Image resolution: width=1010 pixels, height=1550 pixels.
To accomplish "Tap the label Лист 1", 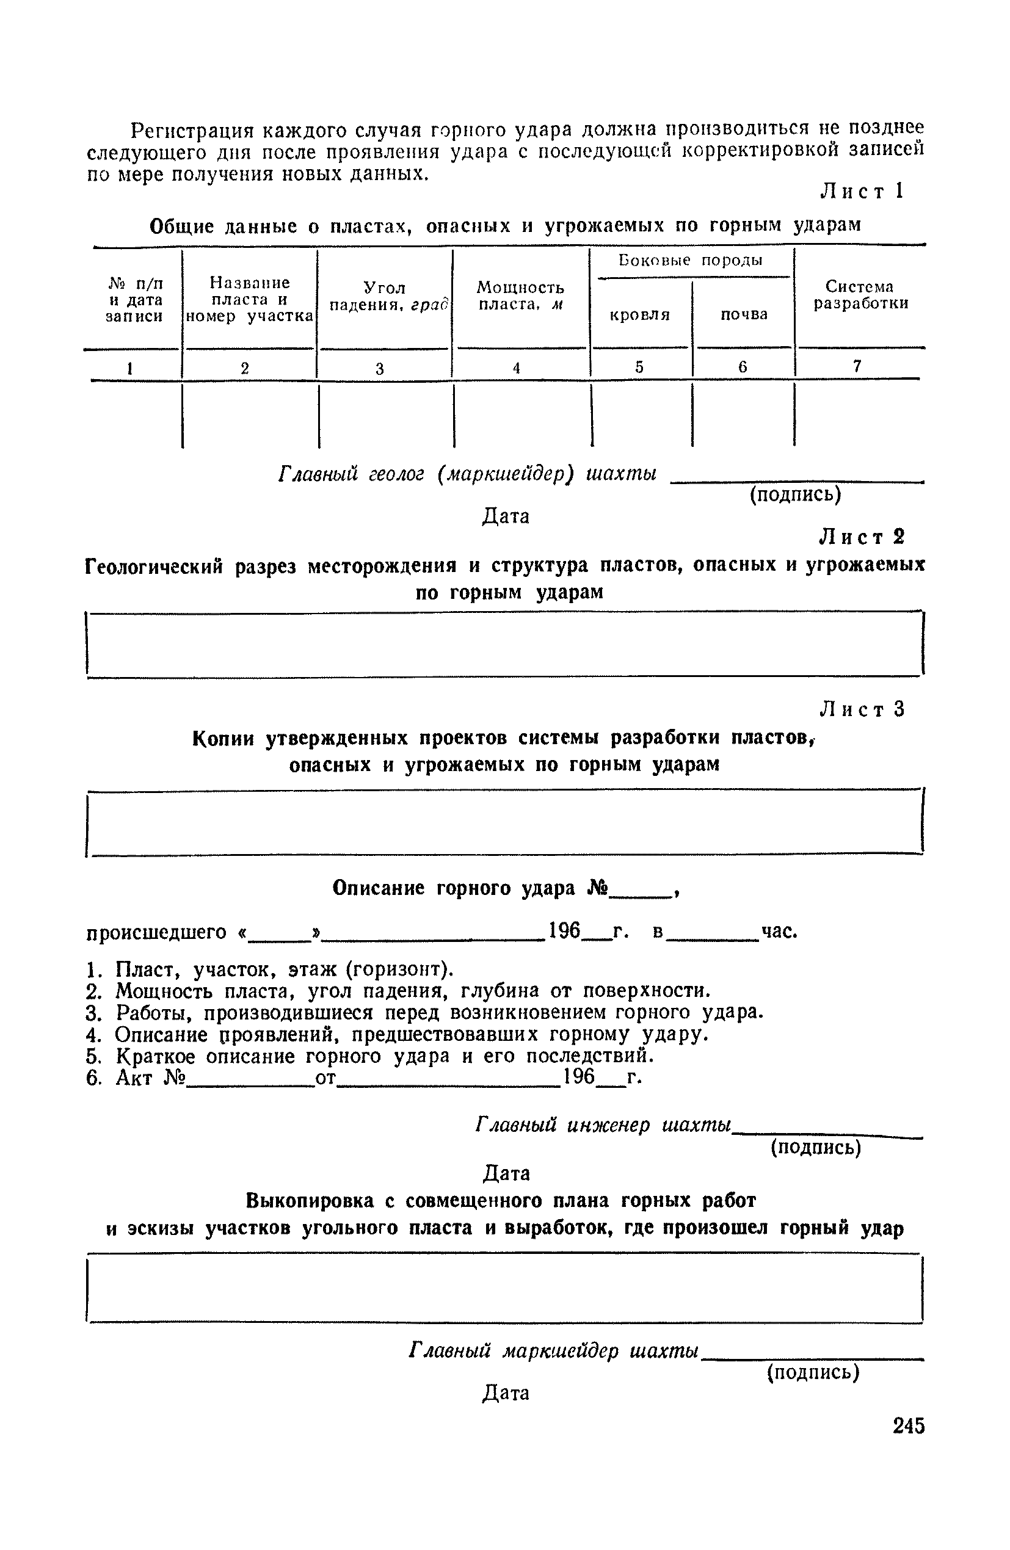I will (x=862, y=191).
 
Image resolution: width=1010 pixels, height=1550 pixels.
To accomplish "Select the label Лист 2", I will (x=862, y=537).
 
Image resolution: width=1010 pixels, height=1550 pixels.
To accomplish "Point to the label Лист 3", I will (x=862, y=709).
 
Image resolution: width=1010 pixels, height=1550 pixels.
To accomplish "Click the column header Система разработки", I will (x=860, y=295).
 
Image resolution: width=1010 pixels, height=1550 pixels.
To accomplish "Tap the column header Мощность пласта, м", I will (x=520, y=296).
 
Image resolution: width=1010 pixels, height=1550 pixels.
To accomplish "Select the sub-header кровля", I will (x=640, y=315).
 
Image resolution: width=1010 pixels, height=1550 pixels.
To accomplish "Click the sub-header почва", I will (x=744, y=314).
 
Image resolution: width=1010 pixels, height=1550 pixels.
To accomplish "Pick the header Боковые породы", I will (x=690, y=261).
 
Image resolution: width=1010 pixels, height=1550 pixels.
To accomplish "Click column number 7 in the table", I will (x=857, y=367).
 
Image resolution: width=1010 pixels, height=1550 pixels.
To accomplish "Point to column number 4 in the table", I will (x=516, y=368).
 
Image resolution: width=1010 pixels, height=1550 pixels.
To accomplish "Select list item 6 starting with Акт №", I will (x=363, y=1078).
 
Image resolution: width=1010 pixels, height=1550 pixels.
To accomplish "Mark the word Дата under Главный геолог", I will (x=506, y=516).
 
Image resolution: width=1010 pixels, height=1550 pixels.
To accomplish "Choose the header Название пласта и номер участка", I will (x=250, y=299).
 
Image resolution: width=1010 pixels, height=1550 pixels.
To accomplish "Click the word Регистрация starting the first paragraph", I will (x=192, y=131).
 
